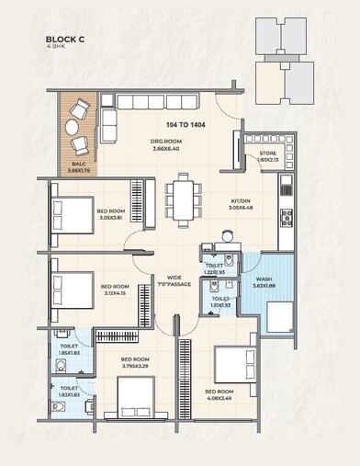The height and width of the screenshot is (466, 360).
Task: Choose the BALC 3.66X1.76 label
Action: click(79, 165)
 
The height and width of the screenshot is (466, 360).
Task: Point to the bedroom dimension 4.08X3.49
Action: click(223, 397)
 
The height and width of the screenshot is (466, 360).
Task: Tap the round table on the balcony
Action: click(81, 129)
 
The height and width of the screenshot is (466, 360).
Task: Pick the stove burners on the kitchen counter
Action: click(285, 218)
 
